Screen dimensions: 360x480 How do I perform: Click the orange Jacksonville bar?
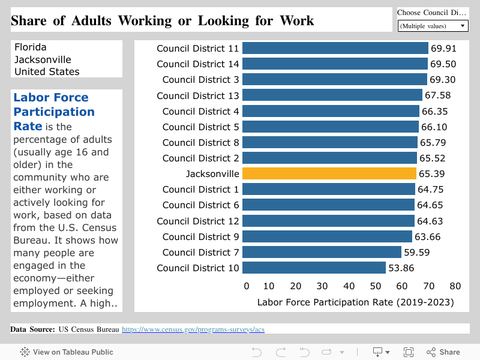pos(329,174)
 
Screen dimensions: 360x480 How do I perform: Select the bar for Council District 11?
pos(335,49)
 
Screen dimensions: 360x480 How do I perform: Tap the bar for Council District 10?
pos(314,268)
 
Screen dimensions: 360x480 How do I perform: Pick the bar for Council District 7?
pos(322,252)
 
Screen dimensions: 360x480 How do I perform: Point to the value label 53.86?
pos(401,268)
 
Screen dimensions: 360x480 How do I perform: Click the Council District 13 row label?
pos(198,96)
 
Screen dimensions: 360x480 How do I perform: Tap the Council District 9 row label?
pos(200,236)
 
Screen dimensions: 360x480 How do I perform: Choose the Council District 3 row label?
pos(200,80)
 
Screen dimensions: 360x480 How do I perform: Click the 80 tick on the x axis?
pos(455,286)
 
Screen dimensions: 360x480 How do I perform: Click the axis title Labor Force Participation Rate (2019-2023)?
pos(355,302)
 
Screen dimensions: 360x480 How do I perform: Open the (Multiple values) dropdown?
pos(433,26)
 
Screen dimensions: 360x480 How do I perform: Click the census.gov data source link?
pos(193,329)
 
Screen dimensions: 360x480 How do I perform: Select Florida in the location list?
pos(30,47)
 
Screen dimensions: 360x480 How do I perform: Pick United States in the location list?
pos(47,72)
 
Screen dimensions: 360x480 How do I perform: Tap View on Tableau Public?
pos(67,352)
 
